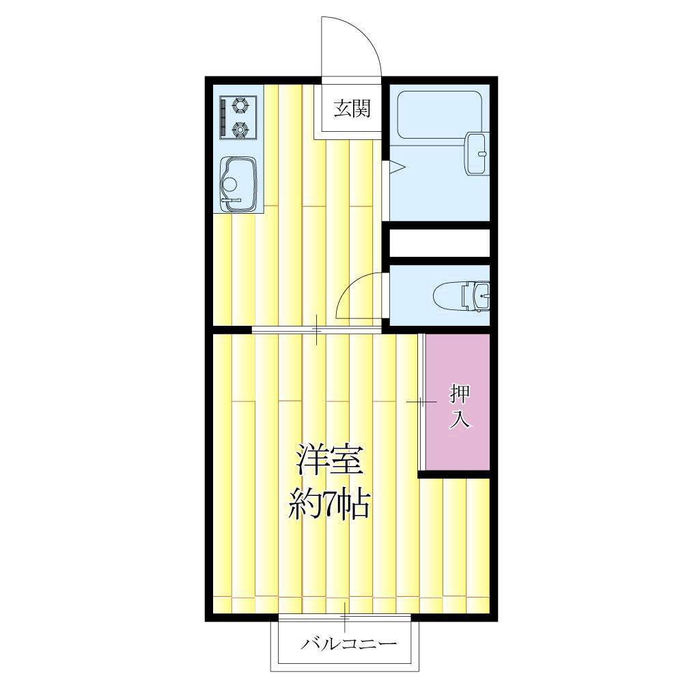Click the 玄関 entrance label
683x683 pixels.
tap(352, 109)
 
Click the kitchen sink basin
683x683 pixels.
tap(238, 184)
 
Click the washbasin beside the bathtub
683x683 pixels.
tap(477, 153)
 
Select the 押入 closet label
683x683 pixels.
tap(460, 406)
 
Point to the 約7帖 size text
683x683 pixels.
tap(329, 505)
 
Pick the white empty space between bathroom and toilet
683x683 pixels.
tap(440, 243)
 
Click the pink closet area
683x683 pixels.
tap(458, 402)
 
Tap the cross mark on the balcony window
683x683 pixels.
tap(345, 617)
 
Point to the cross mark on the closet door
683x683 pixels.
tap(421, 402)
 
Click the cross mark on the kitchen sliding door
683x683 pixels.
tap(317, 330)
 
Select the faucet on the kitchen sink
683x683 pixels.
tap(230, 200)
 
